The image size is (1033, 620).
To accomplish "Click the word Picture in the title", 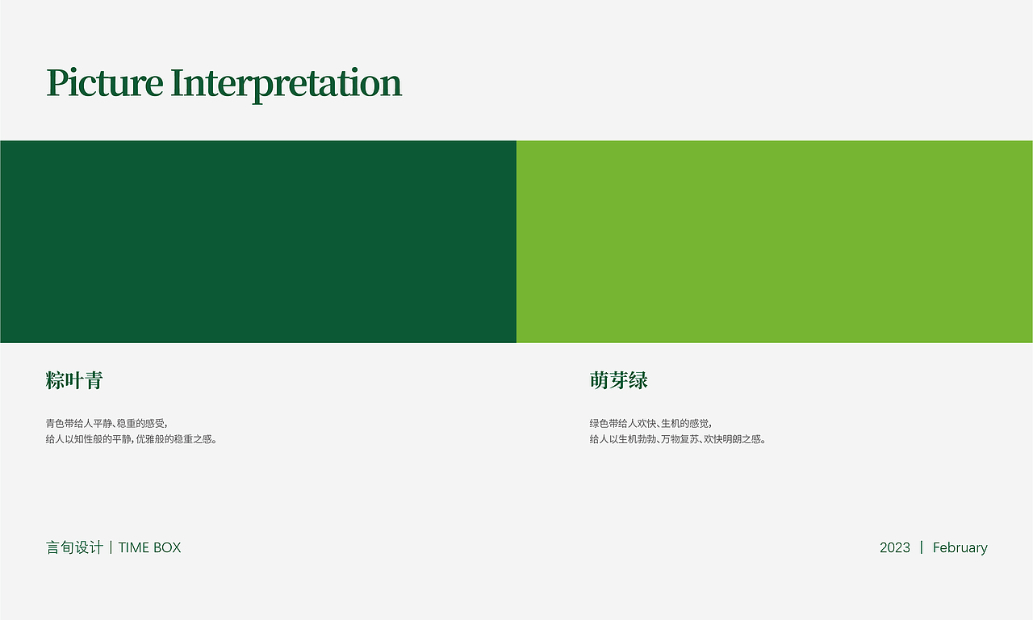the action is pyautogui.click(x=105, y=83).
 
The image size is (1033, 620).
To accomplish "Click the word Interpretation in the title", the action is pyautogui.click(x=286, y=85).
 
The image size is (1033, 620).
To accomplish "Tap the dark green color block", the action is pyautogui.click(x=258, y=241).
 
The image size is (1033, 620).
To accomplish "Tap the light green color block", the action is pyautogui.click(x=775, y=241).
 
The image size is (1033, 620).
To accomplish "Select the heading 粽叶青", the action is pyautogui.click(x=74, y=380).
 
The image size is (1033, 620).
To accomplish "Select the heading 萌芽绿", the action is pyautogui.click(x=618, y=380).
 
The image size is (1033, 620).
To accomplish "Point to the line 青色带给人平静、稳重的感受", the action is pyautogui.click(x=106, y=424).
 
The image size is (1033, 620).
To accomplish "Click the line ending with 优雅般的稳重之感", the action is pyautogui.click(x=131, y=439).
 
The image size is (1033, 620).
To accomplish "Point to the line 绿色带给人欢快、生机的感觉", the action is pyautogui.click(x=650, y=424).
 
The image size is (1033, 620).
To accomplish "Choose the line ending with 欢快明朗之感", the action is pyautogui.click(x=677, y=439).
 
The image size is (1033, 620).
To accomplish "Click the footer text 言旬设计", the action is pyautogui.click(x=75, y=547).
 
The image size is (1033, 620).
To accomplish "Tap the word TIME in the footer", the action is pyautogui.click(x=133, y=547).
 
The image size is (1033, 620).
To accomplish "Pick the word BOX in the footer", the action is pyautogui.click(x=167, y=547).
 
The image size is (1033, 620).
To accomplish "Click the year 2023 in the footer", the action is pyautogui.click(x=895, y=547).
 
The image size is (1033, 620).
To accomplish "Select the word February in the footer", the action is pyautogui.click(x=960, y=547).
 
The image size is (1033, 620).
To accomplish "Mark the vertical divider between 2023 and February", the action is pyautogui.click(x=922, y=547).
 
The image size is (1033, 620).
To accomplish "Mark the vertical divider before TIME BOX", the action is pyautogui.click(x=111, y=547).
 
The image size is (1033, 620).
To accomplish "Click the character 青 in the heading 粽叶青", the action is pyautogui.click(x=94, y=380).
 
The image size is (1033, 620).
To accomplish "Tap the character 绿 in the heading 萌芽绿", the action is pyautogui.click(x=638, y=380).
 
